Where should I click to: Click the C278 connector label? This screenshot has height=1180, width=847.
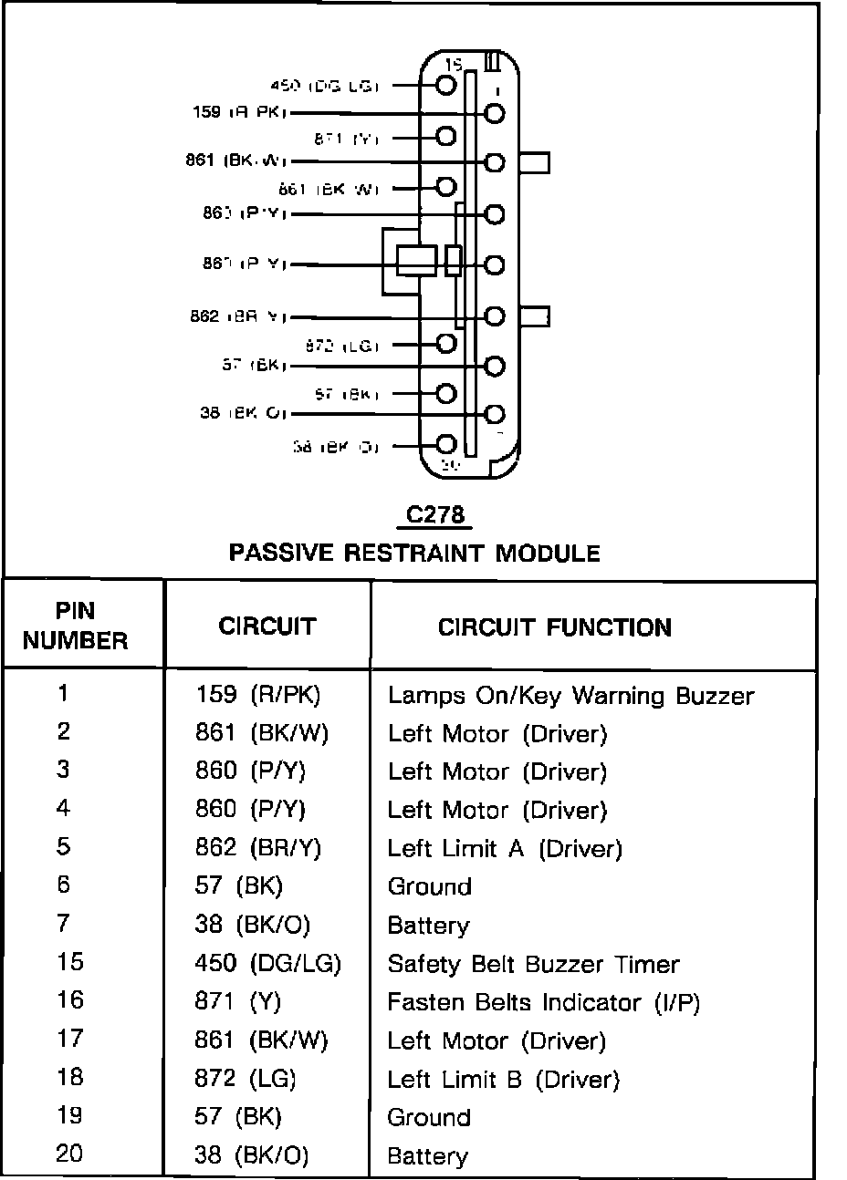coord(435,515)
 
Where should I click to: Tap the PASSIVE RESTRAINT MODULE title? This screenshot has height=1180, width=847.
coord(413,553)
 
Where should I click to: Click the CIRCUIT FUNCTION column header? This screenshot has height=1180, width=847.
coord(555,627)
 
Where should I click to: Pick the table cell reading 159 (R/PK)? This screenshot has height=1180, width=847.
coord(258,696)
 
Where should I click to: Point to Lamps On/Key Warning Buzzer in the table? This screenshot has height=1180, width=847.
coord(570,696)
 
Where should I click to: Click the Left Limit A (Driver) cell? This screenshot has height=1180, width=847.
coord(504,849)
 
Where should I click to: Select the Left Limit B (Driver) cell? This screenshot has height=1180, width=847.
coord(503,1080)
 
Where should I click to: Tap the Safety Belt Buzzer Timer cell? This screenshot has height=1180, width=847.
coord(533,964)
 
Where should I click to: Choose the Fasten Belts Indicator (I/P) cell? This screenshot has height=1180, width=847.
coord(543,1002)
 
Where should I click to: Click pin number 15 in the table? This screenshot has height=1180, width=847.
coord(68,962)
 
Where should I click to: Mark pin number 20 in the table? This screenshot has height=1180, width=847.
coord(68,1154)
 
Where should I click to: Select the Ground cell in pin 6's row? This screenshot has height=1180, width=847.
coord(429,886)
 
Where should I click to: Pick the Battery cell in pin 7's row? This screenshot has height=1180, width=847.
coord(428,926)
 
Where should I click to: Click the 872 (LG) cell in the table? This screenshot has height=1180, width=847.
coord(246,1079)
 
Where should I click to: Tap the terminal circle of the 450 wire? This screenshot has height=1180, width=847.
coord(445,85)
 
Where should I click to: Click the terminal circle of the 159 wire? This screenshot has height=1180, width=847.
coord(495,113)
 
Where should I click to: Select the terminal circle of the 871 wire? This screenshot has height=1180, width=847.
coord(445,137)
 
